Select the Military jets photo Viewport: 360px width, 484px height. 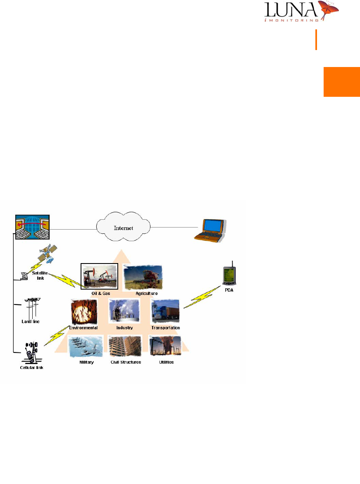(x=86, y=346)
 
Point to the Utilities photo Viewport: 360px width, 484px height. (x=165, y=347)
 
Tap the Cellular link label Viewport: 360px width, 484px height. (x=31, y=367)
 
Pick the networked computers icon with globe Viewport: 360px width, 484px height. (x=32, y=227)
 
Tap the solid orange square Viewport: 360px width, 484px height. (x=341, y=81)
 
